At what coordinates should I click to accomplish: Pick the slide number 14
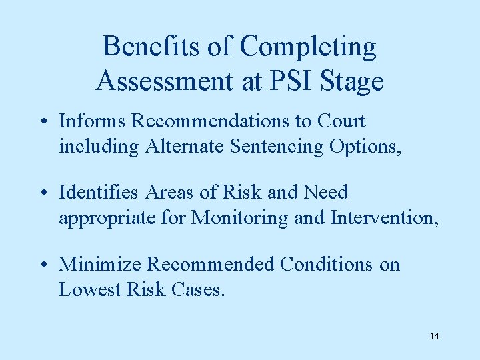tap(434, 335)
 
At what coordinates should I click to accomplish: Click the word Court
tap(341, 121)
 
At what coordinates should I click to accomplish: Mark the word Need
tap(325, 192)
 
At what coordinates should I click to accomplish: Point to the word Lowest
tap(84, 289)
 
